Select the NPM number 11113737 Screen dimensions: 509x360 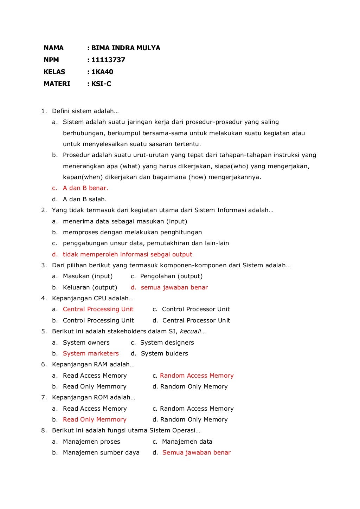point(108,60)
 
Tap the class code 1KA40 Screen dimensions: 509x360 point(102,72)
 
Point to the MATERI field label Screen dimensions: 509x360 point(57,84)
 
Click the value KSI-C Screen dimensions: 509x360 point(101,84)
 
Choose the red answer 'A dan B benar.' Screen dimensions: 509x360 point(85,188)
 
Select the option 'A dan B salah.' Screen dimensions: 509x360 point(84,199)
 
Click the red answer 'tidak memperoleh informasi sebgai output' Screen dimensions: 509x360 point(127,254)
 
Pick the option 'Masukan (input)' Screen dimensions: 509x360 point(88,276)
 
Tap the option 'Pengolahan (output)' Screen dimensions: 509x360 point(171,276)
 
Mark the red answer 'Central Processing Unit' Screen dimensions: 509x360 point(98,309)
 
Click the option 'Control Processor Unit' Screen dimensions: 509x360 point(196,309)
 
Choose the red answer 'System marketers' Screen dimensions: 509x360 point(91,353)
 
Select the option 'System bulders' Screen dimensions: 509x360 point(164,353)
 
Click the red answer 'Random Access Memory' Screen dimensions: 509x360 point(197,376)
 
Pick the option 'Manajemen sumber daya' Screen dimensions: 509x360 point(101,452)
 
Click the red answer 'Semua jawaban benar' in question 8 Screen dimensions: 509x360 point(196,452)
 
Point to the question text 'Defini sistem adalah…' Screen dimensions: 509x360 point(85,111)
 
